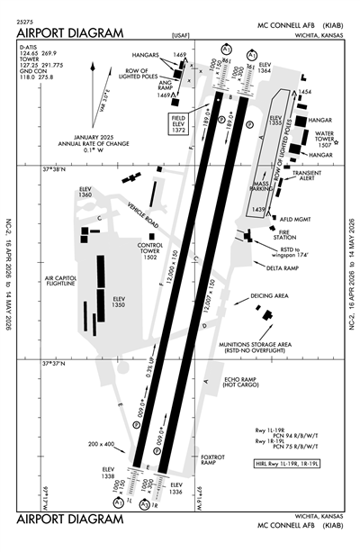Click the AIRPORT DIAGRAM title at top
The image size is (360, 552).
68,32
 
